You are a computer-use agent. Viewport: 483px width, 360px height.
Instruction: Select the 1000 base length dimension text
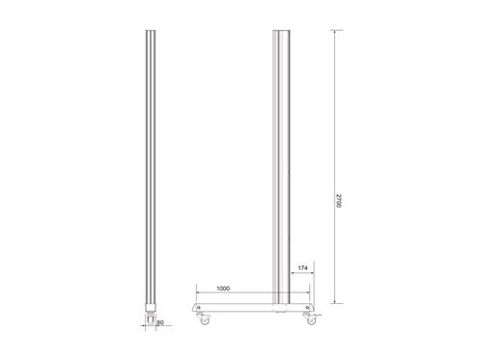223,287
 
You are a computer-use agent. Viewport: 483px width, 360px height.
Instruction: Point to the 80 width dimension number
159,323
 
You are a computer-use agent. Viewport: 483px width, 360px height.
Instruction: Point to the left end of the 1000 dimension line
196,292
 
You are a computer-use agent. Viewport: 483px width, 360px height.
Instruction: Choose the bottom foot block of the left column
150,307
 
